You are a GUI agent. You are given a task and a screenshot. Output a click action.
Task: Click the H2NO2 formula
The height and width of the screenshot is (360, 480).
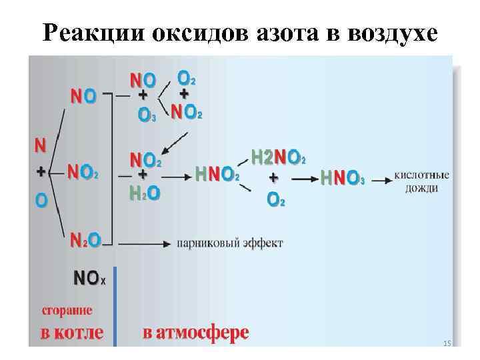pyautogui.click(x=278, y=157)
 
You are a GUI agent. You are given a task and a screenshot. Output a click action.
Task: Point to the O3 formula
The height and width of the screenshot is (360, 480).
pyautogui.click(x=147, y=115)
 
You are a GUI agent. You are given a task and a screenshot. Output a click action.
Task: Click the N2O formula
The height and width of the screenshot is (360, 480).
pyautogui.click(x=86, y=240)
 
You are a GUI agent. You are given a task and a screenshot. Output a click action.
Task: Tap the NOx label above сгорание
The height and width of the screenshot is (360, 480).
pyautogui.click(x=89, y=279)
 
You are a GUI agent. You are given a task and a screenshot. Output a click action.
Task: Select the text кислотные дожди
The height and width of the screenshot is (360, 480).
pyautogui.click(x=421, y=181)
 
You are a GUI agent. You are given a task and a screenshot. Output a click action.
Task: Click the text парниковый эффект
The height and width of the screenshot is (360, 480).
pyautogui.click(x=229, y=243)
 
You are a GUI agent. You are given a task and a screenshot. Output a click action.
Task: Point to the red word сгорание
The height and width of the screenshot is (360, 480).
pyautogui.click(x=67, y=311)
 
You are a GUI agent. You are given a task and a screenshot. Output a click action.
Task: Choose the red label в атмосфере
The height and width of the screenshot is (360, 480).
pyautogui.click(x=195, y=332)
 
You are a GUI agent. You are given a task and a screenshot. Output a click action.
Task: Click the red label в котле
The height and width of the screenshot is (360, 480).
pyautogui.click(x=72, y=332)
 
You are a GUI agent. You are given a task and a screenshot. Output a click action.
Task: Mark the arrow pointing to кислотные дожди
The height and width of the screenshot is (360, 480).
pyautogui.click(x=381, y=180)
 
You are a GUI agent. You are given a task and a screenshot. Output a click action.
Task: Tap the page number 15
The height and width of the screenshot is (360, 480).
pyautogui.click(x=447, y=343)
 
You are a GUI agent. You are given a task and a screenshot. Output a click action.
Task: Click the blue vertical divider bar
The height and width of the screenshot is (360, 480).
pyautogui.click(x=115, y=306)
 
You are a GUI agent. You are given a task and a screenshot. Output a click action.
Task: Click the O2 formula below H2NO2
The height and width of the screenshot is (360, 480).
pyautogui.click(x=275, y=199)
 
